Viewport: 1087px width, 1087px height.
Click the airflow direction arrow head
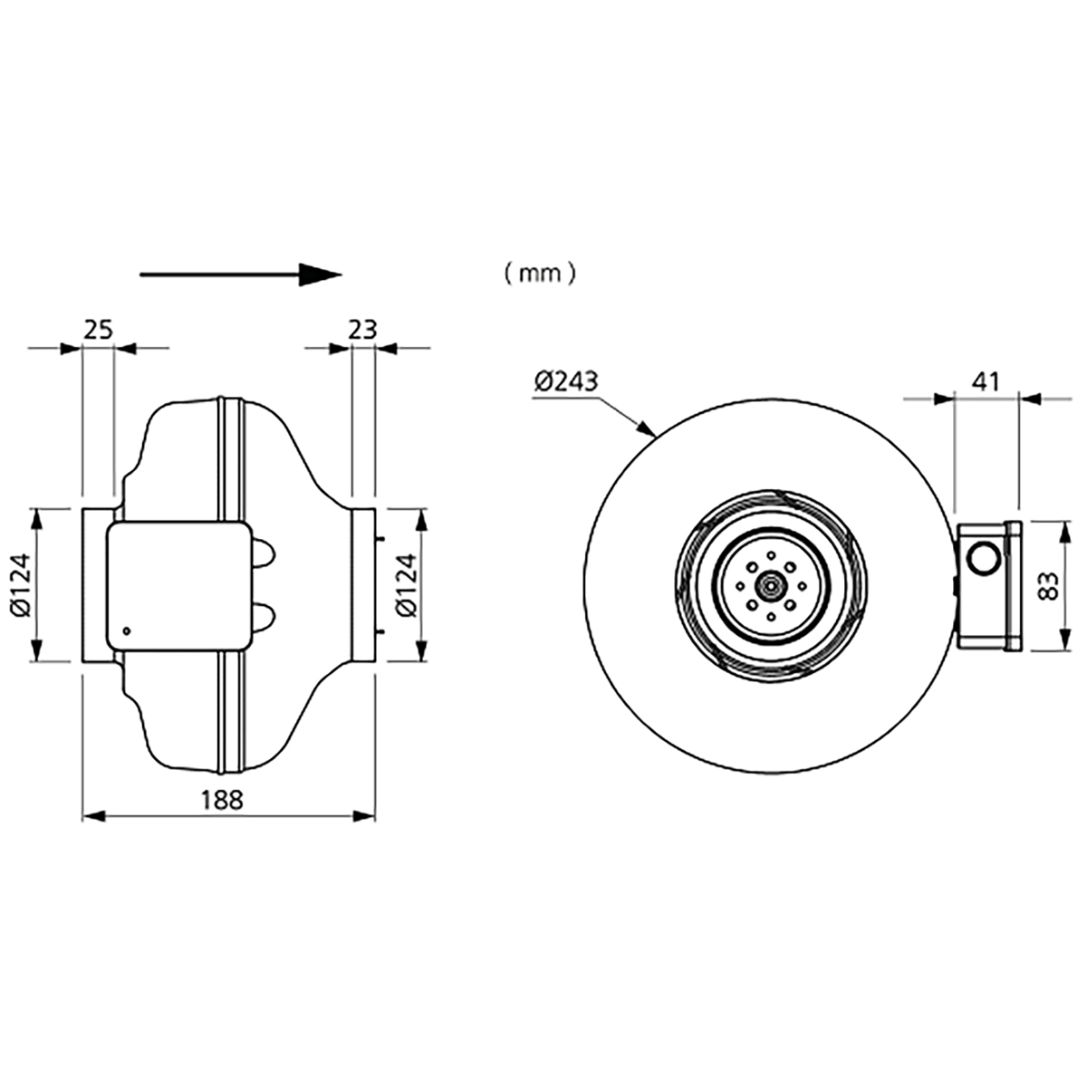coord(322,274)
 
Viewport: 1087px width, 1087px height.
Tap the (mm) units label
coord(540,273)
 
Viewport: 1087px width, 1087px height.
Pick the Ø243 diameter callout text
coord(566,381)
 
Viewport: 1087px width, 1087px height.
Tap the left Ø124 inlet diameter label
coord(21,585)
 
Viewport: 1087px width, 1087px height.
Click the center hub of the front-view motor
coord(770,586)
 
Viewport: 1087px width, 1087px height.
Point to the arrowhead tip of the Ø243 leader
coord(653,436)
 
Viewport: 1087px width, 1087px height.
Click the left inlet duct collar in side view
coord(96,585)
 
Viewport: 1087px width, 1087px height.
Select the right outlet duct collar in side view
coord(362,585)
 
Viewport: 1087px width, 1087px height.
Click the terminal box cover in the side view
coord(178,585)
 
